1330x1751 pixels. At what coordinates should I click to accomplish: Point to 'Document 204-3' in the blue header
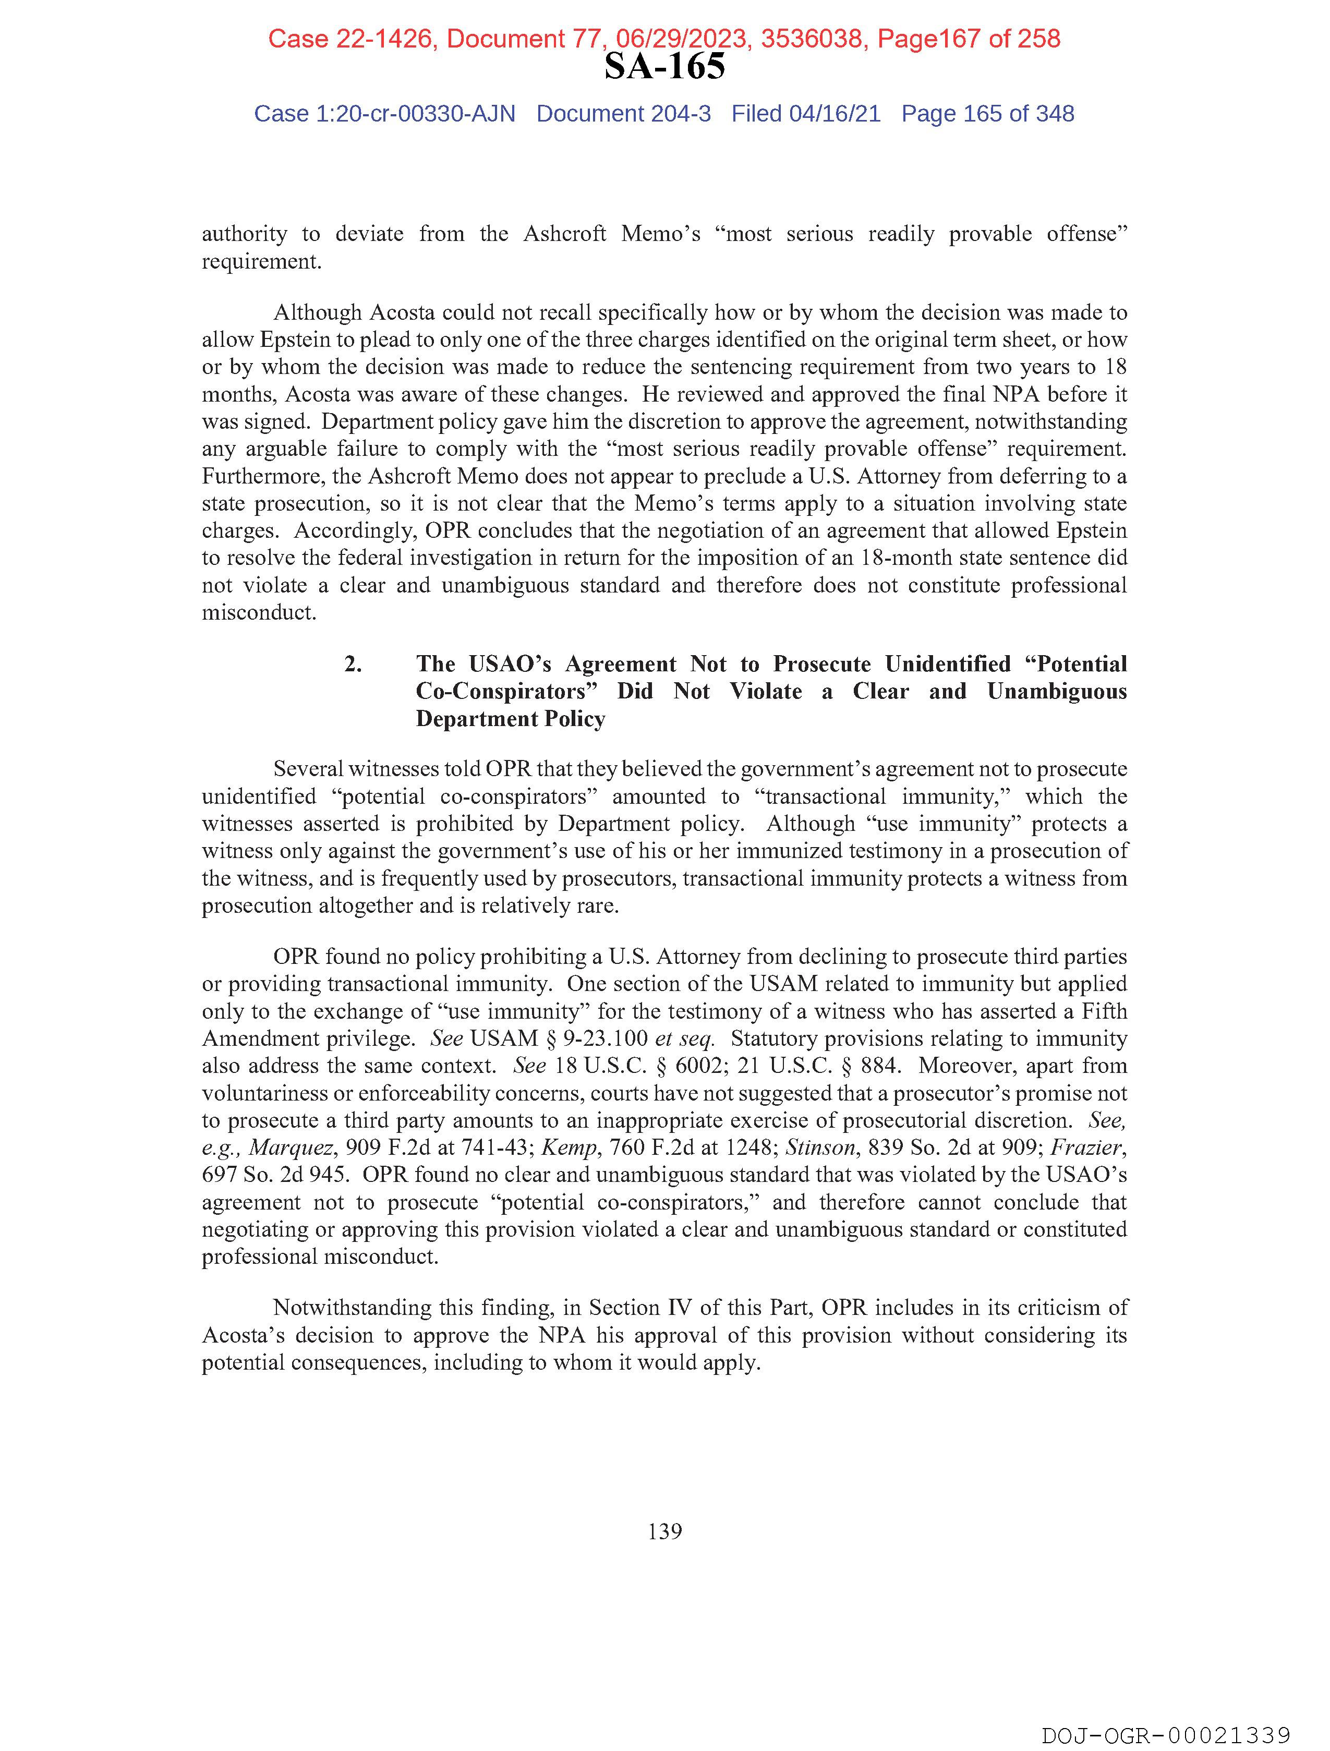(623, 114)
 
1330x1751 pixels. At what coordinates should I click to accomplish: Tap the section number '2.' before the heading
(353, 664)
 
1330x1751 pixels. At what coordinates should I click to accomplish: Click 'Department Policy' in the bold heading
(511, 719)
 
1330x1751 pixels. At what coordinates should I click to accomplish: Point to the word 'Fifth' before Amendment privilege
(1104, 1012)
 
